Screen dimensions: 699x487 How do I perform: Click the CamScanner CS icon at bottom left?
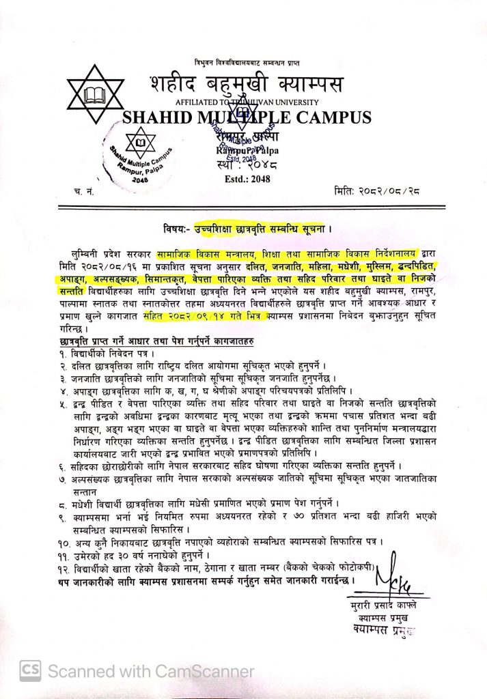coord(30,672)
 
